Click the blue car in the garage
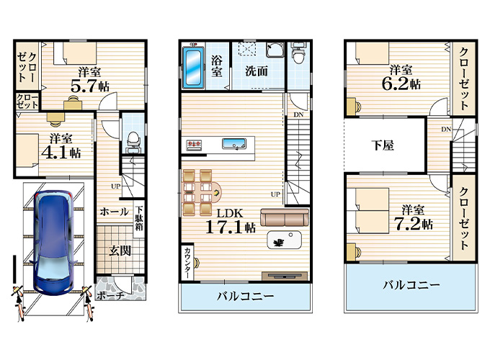(55, 243)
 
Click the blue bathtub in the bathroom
(193, 69)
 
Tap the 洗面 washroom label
(256, 71)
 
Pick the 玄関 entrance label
(119, 251)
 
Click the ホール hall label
(115, 212)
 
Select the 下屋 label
(383, 145)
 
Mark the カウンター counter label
(187, 263)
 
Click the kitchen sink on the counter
(235, 145)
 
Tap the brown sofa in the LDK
(285, 217)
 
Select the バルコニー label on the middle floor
(245, 296)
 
